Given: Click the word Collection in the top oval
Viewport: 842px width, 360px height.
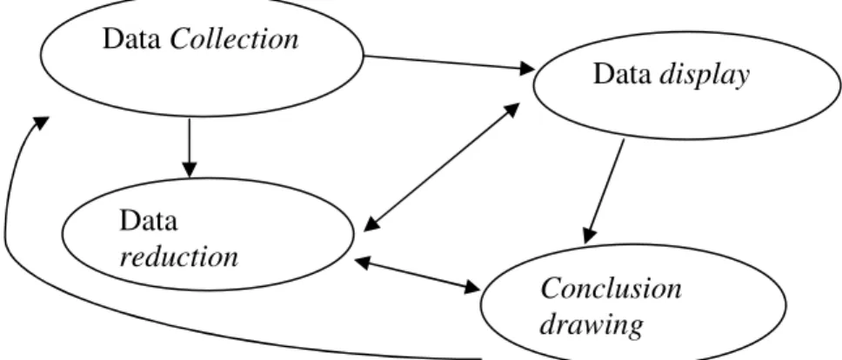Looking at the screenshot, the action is [x=234, y=39].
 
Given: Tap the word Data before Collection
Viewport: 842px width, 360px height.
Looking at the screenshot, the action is [x=132, y=39].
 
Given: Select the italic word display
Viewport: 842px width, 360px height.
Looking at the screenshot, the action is [x=704, y=76].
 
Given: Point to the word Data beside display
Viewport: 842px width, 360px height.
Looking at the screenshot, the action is [x=623, y=74].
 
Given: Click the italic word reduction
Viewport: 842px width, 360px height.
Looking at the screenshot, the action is [x=179, y=257].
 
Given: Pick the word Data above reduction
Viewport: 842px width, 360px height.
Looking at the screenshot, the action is [x=148, y=220].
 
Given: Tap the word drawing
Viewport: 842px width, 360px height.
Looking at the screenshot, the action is [x=591, y=325].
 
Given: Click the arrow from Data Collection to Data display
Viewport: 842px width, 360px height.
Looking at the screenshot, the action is [x=450, y=63].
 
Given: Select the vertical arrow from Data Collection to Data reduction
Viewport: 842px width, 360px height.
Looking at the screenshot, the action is [x=189, y=148].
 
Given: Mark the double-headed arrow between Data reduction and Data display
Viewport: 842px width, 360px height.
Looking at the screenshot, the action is [x=441, y=167].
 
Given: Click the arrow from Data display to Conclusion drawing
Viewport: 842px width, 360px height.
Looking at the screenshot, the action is [x=605, y=191].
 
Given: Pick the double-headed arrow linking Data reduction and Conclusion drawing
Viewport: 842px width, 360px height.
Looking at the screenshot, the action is [x=418, y=276].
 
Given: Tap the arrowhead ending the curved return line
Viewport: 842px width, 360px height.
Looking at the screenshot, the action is [x=40, y=123].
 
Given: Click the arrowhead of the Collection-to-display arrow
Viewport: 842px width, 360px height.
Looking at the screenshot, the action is [x=526, y=68].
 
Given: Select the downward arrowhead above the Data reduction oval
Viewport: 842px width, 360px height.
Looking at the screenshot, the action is [x=189, y=169].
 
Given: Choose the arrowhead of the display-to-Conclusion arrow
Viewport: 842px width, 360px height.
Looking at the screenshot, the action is [x=589, y=236].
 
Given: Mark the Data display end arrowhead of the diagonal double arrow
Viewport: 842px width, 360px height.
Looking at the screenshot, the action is [x=511, y=110].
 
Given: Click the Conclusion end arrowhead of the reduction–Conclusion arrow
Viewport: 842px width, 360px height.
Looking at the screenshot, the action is [x=471, y=288].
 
